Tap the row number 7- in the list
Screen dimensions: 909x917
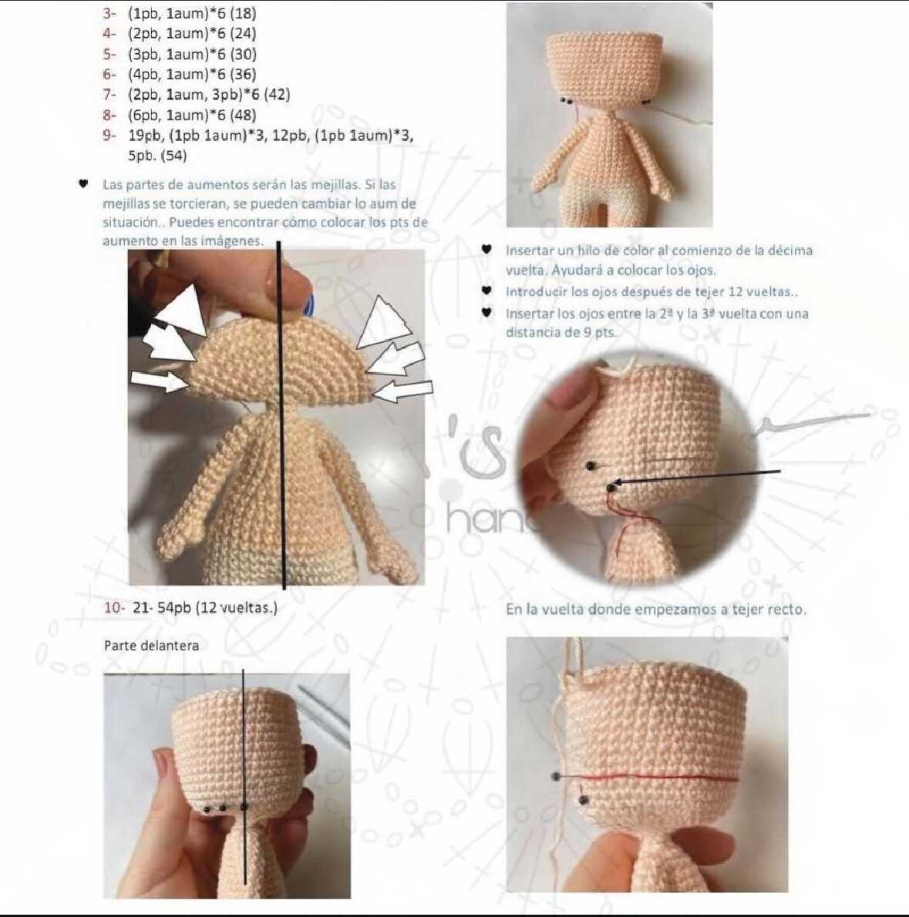pyautogui.click(x=109, y=94)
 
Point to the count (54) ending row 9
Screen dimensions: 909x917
pyautogui.click(x=174, y=156)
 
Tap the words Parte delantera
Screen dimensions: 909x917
pyautogui.click(x=151, y=646)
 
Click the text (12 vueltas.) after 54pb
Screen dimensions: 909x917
pyautogui.click(x=237, y=608)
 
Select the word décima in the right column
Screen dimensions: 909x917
pyautogui.click(x=789, y=250)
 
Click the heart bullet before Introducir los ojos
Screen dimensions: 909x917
pyautogui.click(x=486, y=290)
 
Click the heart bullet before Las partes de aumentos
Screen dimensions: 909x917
pyautogui.click(x=83, y=183)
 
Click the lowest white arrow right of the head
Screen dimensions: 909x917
pyautogui.click(x=402, y=391)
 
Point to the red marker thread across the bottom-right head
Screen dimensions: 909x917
pyautogui.click(x=647, y=778)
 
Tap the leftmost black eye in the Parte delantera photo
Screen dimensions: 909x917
pyautogui.click(x=207, y=809)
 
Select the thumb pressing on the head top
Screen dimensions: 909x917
pyautogui.click(x=280, y=280)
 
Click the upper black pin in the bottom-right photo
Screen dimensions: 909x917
pyautogui.click(x=556, y=778)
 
